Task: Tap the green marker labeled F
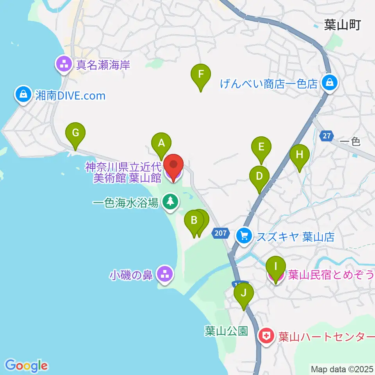point(201,74)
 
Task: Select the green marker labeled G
point(75,133)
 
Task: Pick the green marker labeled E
point(261,147)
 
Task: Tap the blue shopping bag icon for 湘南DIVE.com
point(23,95)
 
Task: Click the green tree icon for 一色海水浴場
point(170,202)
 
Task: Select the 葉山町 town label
point(342,25)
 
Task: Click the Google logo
point(27,366)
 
